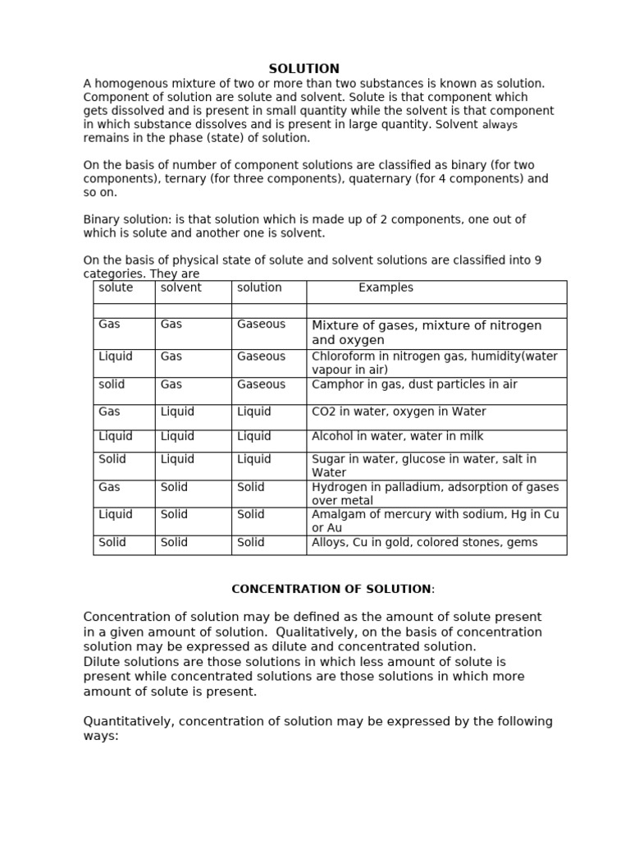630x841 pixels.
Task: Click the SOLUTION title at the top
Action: coord(304,69)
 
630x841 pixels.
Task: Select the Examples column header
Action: coord(386,288)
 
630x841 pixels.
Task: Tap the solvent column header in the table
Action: coord(180,288)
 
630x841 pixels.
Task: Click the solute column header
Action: coord(116,288)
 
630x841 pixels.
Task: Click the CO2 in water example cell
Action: coord(399,412)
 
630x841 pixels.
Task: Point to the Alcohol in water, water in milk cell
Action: coord(397,437)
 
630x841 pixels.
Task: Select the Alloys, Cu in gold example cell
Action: coord(424,543)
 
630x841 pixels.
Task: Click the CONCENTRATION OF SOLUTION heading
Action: coord(331,590)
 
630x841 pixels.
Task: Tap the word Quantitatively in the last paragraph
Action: coord(127,722)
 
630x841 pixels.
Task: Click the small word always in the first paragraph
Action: coord(500,125)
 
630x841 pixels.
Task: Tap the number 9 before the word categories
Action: coord(537,260)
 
